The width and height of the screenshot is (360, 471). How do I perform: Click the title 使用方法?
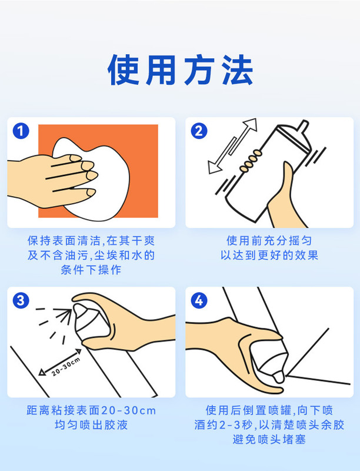click(x=180, y=70)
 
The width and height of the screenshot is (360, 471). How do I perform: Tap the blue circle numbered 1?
click(x=21, y=131)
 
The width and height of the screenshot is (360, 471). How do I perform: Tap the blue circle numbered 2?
click(x=199, y=131)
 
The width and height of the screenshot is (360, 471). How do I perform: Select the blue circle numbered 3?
click(x=21, y=300)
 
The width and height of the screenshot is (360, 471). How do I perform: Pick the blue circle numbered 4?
click(x=199, y=300)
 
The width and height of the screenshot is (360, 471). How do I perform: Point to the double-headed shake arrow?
click(x=232, y=146)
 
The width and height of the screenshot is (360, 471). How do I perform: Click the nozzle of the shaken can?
click(x=303, y=125)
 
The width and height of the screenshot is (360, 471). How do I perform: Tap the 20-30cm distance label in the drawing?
click(x=66, y=366)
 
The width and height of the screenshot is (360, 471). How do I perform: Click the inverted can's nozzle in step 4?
click(x=279, y=376)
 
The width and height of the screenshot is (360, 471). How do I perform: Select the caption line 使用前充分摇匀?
click(x=269, y=241)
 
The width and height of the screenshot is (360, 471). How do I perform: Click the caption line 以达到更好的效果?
click(x=269, y=256)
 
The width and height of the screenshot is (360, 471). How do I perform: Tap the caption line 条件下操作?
click(x=91, y=270)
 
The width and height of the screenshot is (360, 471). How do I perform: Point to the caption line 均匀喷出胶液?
click(x=91, y=424)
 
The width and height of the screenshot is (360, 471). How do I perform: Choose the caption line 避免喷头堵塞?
click(x=269, y=439)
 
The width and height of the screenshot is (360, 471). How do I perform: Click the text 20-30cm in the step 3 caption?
click(x=128, y=410)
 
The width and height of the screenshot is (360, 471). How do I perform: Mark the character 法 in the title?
click(x=238, y=70)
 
